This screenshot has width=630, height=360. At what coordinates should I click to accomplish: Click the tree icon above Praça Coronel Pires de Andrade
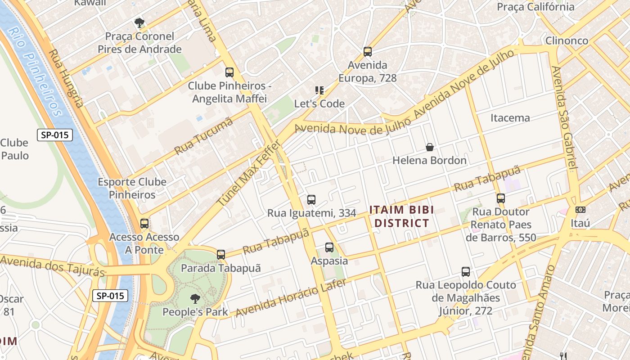[139, 22]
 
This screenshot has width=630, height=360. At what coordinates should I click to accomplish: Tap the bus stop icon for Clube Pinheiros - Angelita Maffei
[229, 72]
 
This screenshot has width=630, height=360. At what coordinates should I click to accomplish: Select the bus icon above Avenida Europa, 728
[368, 52]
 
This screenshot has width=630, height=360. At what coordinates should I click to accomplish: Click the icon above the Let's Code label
[319, 90]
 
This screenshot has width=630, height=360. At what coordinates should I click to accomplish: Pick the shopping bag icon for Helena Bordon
[430, 147]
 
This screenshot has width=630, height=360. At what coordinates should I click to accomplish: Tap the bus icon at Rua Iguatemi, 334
[311, 200]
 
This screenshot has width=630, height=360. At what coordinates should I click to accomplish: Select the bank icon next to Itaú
[580, 210]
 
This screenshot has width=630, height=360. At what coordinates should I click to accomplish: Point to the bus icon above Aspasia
[329, 247]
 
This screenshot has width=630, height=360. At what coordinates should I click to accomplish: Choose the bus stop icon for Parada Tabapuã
[220, 255]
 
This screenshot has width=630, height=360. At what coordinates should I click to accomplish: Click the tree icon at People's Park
[195, 298]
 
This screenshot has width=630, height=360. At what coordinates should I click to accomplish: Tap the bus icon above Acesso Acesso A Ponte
[144, 224]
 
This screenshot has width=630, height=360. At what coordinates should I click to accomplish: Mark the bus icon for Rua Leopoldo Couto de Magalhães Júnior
[466, 272]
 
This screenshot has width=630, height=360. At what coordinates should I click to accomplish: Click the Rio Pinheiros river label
[35, 72]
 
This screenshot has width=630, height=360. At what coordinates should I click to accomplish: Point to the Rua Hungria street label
[66, 78]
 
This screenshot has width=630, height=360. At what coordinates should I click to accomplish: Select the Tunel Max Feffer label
[249, 174]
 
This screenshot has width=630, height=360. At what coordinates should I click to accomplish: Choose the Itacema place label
[510, 118]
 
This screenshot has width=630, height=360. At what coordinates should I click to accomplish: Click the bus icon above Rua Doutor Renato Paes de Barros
[501, 198]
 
